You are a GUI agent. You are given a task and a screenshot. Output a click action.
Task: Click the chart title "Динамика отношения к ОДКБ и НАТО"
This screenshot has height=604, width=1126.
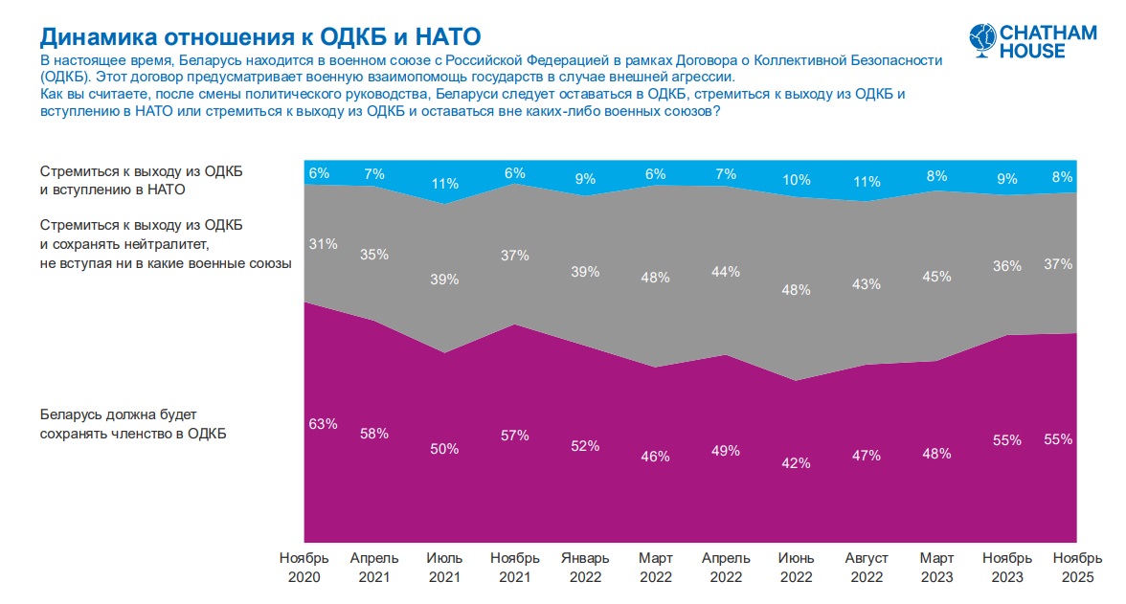[x=259, y=36]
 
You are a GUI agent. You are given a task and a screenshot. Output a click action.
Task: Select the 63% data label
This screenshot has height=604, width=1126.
[x=323, y=423]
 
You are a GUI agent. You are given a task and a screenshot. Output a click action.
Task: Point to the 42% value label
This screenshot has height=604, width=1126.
[x=796, y=462]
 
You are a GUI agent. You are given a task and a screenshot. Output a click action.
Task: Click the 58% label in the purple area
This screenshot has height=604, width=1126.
[x=373, y=434]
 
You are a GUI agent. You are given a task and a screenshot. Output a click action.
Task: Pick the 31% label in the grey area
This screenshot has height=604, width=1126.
[x=323, y=244]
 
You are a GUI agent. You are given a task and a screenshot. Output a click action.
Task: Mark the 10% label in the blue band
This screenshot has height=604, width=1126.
[x=796, y=179]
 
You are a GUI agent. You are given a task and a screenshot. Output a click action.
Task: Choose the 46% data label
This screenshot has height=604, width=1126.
[x=655, y=457]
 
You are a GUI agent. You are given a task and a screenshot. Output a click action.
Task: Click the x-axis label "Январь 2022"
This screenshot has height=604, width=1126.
[x=585, y=568]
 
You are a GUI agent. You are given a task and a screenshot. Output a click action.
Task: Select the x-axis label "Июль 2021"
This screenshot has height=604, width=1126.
[x=444, y=568]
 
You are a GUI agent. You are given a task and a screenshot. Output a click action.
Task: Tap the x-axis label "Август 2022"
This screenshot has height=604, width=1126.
[x=867, y=568]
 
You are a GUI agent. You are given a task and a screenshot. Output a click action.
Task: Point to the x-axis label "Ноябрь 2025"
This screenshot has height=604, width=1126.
[x=1076, y=568]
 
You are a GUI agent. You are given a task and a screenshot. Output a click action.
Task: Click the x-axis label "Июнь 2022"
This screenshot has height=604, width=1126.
[x=796, y=568]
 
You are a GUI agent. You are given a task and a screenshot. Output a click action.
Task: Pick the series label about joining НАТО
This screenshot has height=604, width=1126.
[x=141, y=180]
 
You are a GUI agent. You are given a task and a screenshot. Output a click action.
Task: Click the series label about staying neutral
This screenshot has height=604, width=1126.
[x=165, y=244]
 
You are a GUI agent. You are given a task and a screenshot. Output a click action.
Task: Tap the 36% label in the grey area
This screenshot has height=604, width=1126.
[x=1007, y=267]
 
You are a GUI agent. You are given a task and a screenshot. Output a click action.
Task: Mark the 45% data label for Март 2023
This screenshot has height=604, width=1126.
[x=936, y=277]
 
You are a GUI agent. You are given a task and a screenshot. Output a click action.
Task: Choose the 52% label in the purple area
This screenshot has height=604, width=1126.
[x=585, y=445]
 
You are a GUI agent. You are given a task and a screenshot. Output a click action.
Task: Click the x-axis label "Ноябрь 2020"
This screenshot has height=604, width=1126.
[x=304, y=568]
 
